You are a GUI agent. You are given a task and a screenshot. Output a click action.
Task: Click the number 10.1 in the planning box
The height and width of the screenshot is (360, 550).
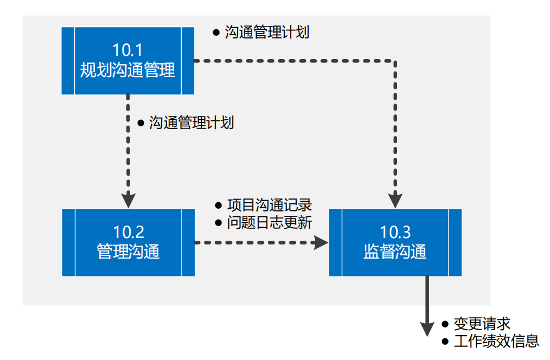click(x=128, y=50)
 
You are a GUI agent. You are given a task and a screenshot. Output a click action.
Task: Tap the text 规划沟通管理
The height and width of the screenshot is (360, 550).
click(x=128, y=70)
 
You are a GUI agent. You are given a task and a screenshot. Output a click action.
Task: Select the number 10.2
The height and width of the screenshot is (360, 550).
click(x=129, y=232)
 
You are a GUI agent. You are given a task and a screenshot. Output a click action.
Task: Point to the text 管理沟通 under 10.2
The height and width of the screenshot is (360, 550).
click(x=129, y=252)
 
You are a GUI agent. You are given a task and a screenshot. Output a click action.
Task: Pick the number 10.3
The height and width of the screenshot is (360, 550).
click(x=395, y=232)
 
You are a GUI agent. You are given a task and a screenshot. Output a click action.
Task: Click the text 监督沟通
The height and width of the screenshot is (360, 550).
click(x=395, y=252)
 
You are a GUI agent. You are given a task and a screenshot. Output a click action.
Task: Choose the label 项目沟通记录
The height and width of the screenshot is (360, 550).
click(x=269, y=205)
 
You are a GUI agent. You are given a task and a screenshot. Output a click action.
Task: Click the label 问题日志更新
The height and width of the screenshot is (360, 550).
click(x=269, y=223)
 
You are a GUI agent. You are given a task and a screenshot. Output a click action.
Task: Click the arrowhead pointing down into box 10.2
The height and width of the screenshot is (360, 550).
click(x=128, y=200)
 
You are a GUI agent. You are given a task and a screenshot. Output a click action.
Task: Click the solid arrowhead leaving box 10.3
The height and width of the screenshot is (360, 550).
click(x=427, y=328)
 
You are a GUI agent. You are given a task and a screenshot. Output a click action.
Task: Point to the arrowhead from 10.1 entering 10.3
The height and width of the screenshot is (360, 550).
click(x=395, y=200)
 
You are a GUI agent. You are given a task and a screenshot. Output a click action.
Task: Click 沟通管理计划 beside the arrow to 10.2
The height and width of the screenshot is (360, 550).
click(x=191, y=123)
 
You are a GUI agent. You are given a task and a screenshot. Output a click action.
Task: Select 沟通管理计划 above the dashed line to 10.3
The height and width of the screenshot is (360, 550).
click(x=267, y=32)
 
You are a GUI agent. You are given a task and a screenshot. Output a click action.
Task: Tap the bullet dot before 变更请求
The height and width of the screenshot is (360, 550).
click(x=445, y=324)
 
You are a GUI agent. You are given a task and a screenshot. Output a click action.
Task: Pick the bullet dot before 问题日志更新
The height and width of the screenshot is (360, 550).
click(x=219, y=223)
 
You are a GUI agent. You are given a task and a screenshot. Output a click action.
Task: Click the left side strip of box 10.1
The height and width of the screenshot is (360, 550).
click(x=68, y=61)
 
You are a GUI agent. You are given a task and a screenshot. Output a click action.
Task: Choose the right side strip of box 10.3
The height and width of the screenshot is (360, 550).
click(x=455, y=242)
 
